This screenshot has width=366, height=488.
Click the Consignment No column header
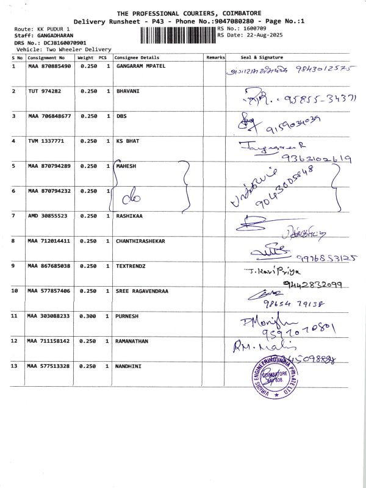[45, 57]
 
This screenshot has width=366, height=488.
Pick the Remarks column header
[215, 57]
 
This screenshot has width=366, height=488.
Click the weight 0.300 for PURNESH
[88, 316]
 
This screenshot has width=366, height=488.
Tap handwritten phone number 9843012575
[323, 69]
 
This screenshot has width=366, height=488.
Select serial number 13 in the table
[15, 366]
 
